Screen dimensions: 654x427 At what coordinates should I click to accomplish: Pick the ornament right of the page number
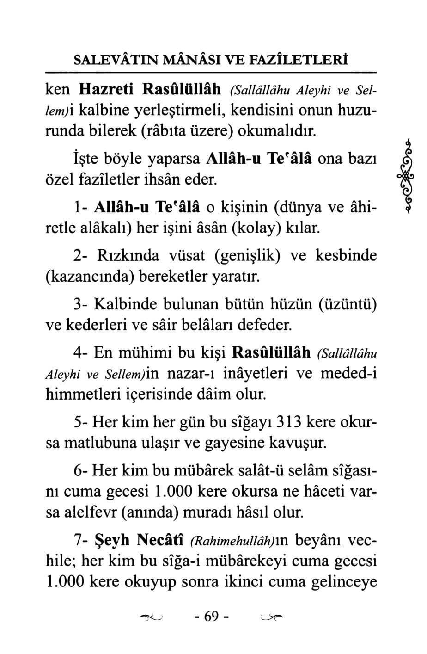pos(271,617)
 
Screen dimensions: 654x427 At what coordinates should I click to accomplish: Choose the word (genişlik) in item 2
pos(247,256)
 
